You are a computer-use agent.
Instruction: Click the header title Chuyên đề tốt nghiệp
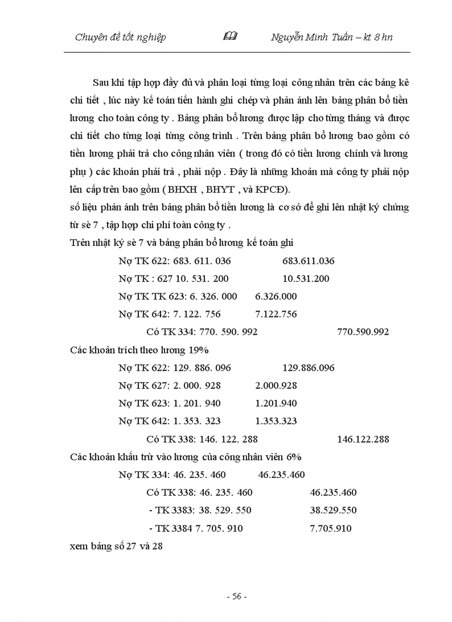click(120, 37)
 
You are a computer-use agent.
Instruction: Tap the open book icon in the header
click(230, 37)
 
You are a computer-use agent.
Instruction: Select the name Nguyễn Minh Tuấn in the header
click(311, 37)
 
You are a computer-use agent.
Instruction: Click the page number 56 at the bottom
click(237, 597)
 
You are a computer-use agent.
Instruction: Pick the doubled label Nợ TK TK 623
click(150, 296)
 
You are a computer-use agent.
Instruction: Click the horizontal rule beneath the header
click(237, 52)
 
